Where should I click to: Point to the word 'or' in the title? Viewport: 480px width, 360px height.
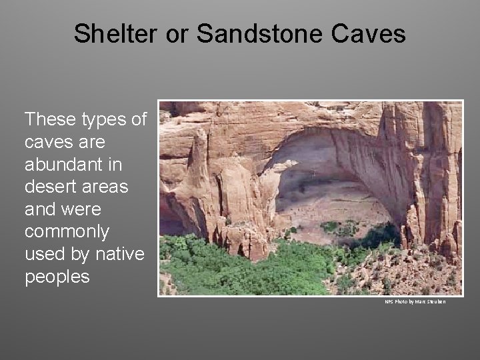pos(177,33)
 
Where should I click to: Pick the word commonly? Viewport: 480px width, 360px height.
pos(66,233)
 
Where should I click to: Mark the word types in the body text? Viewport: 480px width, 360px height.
pos(106,119)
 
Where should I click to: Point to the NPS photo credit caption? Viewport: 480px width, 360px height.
pos(415,302)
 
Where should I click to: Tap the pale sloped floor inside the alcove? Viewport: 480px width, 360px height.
pos(333,207)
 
